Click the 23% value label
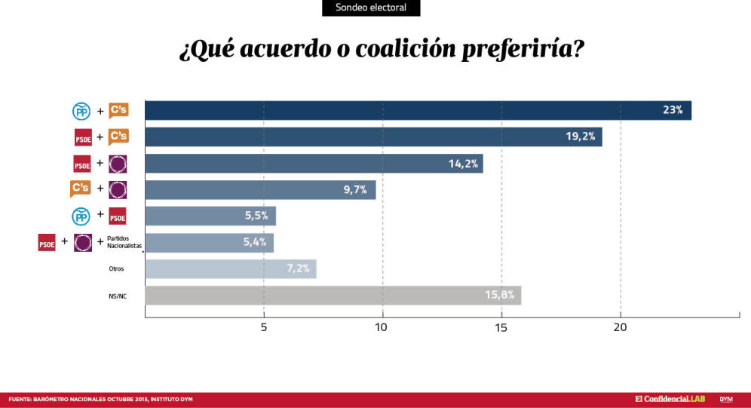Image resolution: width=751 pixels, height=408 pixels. point(673,110)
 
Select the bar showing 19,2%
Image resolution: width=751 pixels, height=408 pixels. point(373,137)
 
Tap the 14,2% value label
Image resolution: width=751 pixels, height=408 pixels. point(464,164)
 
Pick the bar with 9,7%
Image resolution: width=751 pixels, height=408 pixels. point(260,190)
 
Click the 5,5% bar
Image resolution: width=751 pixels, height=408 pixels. point(210,216)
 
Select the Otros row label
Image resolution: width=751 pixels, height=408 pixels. point(116,268)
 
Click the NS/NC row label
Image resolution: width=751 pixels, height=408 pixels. point(118,296)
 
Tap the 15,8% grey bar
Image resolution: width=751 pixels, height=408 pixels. point(333,296)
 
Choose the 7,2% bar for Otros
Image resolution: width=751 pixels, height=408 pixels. point(230,269)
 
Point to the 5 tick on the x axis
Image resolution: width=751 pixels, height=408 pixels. point(264,327)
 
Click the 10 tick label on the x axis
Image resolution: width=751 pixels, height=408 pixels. point(382,327)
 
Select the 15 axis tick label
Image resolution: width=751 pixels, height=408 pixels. point(501,327)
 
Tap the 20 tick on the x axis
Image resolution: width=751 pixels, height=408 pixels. point(620,327)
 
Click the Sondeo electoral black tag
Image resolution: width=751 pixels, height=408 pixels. point(371,8)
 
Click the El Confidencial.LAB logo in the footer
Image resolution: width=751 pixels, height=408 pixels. point(670,398)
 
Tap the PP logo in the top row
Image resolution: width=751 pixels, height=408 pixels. point(81,111)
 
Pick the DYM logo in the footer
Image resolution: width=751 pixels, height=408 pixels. point(727,398)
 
